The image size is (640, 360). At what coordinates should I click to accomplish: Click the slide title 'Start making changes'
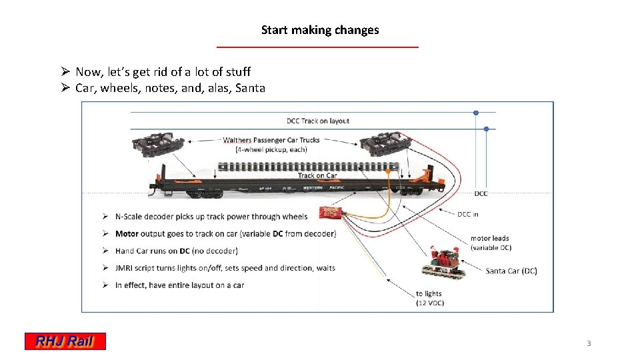pos(320,30)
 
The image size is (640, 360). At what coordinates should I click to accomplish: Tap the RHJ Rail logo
pos(65,341)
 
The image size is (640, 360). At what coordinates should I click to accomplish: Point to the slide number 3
pos(589,343)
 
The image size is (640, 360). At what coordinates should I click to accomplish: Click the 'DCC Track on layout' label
pos(318,121)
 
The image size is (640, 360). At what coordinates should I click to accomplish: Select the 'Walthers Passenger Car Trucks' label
pos(271,140)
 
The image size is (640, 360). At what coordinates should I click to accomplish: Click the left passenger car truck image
pos(158,145)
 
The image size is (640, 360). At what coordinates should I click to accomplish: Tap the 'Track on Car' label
pos(317,176)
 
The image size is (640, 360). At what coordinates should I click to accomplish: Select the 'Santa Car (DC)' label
pos(511,271)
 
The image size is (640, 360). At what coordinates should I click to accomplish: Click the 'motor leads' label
pos(489,239)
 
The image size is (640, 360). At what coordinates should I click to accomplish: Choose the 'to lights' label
pos(429,293)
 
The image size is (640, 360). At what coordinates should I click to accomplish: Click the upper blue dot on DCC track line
pos(476,113)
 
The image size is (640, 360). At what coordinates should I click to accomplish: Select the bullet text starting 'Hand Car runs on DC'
pos(176,251)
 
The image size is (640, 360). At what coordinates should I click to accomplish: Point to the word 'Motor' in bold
pos(127,233)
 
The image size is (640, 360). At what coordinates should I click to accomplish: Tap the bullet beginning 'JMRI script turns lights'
pos(225,268)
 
